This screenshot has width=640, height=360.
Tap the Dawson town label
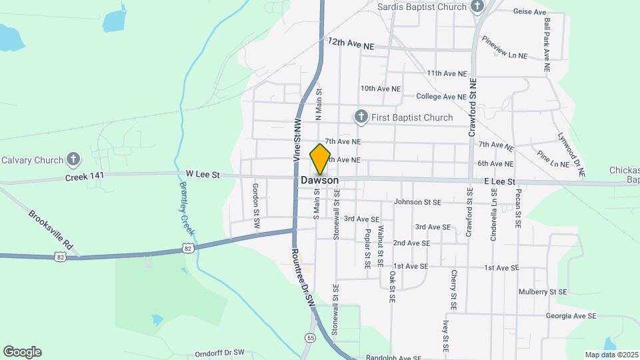pos(319,181)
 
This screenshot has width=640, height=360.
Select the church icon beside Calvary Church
pos(73,159)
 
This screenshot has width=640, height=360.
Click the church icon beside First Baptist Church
pos(361,117)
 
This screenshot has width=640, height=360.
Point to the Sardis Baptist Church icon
pos(477,7)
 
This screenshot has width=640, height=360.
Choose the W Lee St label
pos(203,175)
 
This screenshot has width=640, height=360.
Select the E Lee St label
pos(499,181)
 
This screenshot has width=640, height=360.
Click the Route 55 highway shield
pos(311,338)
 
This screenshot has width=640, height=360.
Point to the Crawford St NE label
pos(473,107)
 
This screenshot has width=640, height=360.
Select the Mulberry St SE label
pos(543,292)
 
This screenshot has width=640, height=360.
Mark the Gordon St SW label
pos(255,207)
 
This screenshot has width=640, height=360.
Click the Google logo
pos(22,352)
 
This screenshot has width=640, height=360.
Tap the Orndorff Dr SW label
pos(220,353)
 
